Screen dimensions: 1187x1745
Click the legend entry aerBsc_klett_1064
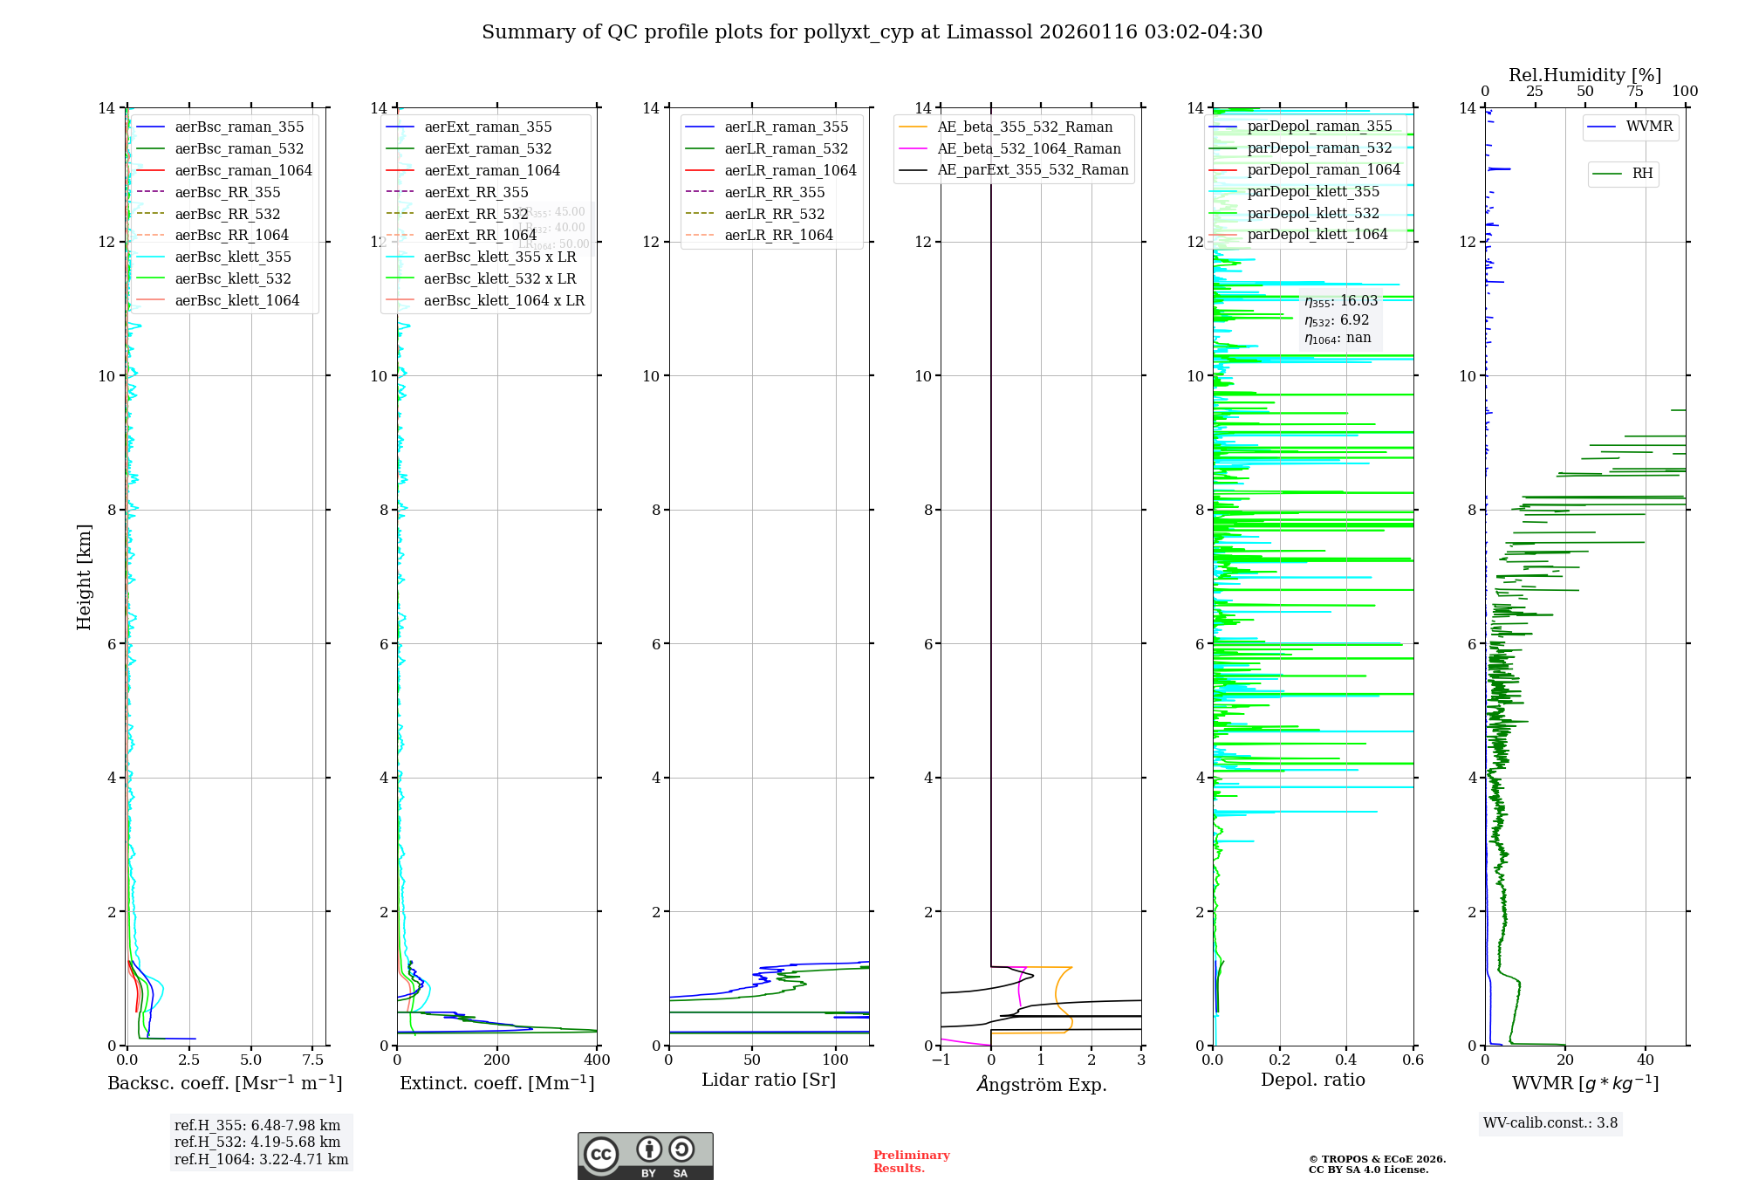point(236,300)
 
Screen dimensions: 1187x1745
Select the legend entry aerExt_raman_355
point(488,127)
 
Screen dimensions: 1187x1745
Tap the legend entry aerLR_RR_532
point(774,214)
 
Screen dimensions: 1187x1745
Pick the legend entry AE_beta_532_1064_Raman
point(1029,148)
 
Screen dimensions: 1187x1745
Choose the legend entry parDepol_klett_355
point(1313,191)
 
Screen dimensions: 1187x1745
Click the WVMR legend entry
point(1649,127)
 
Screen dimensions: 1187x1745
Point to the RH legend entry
point(1642,174)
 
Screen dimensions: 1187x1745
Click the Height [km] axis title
point(84,577)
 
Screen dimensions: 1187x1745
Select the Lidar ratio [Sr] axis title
point(769,1080)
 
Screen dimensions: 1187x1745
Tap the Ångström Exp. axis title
point(1041,1084)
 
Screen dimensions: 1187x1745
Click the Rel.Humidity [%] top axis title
point(1584,75)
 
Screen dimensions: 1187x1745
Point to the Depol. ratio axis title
point(1312,1080)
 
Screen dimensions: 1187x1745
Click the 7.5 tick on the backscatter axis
point(313,1060)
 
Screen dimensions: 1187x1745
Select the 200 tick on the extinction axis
point(497,1060)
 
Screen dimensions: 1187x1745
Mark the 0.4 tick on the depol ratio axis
point(1346,1060)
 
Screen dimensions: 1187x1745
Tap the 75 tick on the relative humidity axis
point(1635,92)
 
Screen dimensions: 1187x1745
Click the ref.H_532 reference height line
point(257,1142)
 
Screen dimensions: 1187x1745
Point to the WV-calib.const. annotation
point(1550,1122)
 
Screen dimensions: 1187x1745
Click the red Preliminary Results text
point(911,1162)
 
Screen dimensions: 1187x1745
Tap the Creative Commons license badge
point(645,1156)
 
